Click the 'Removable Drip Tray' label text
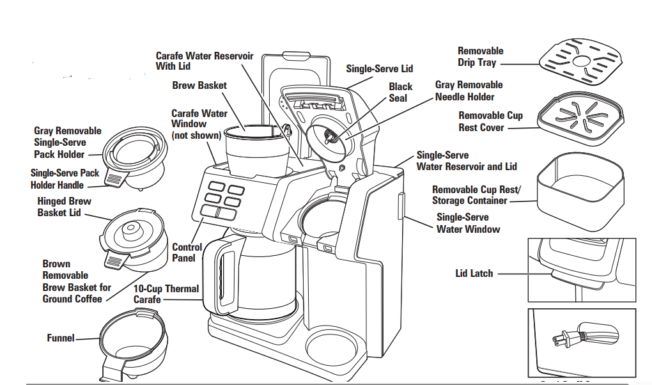pos(480,56)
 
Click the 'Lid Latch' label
pos(474,273)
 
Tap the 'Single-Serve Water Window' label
pos(468,223)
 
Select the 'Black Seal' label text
pos(401,92)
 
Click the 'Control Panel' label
pos(187,253)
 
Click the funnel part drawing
pos(132,340)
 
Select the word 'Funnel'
pos(61,337)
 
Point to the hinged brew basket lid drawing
pos(133,237)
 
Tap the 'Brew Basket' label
pos(199,85)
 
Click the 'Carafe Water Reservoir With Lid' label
pos(205,61)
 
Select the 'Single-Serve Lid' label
pos(380,68)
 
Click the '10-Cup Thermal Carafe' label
pos(166,294)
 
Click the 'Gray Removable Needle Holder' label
pos(469,90)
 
